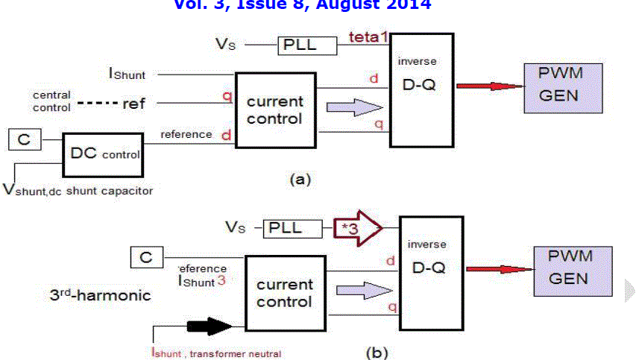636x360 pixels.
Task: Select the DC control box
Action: (x=104, y=153)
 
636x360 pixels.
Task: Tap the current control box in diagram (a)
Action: (x=274, y=110)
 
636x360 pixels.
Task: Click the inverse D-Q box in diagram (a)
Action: (x=423, y=89)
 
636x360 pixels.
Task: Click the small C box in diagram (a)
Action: (x=25, y=139)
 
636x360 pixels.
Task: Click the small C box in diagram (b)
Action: (x=146, y=258)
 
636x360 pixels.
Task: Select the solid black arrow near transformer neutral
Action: (x=210, y=326)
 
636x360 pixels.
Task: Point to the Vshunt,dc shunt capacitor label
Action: (x=78, y=191)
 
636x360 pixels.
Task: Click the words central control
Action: (x=51, y=101)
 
